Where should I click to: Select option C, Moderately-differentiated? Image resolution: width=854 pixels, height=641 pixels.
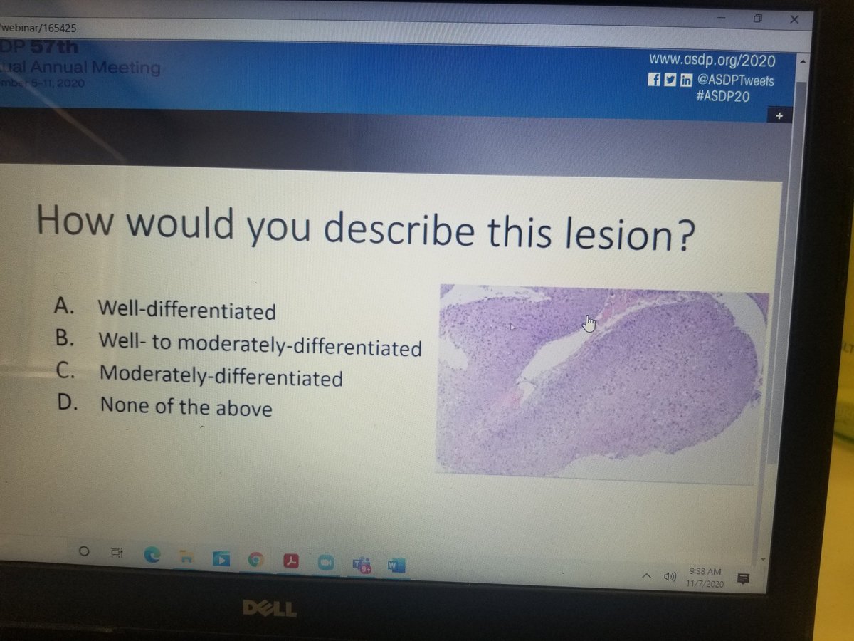(x=221, y=375)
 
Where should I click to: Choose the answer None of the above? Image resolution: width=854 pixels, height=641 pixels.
(x=185, y=407)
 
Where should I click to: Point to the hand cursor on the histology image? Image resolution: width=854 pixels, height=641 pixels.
(x=588, y=324)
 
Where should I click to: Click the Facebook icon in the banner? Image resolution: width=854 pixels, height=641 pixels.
(x=653, y=80)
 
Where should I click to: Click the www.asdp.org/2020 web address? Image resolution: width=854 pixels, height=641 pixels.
(x=711, y=61)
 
